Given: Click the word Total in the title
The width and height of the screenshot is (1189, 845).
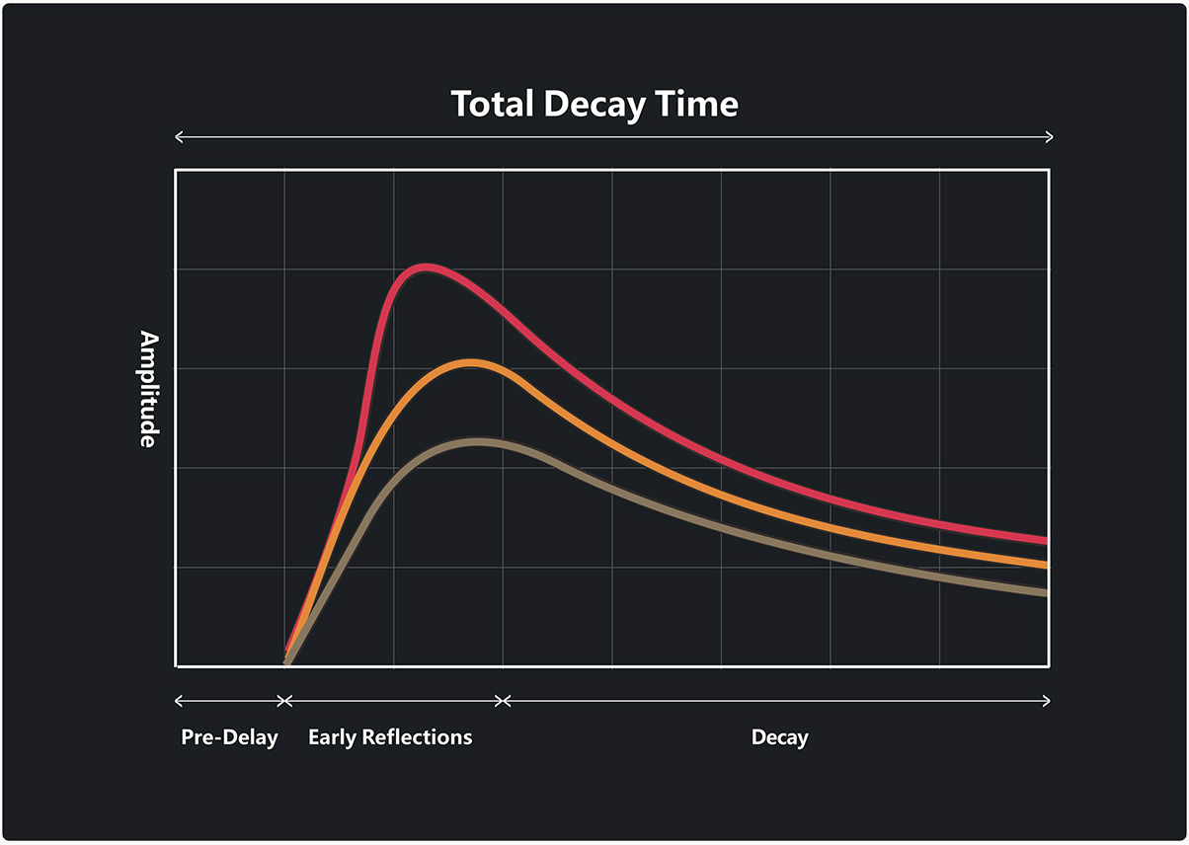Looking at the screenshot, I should click(492, 104).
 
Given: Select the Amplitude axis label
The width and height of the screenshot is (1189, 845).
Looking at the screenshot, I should click(147, 389).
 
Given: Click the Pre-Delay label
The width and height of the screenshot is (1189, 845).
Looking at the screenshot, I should click(229, 737).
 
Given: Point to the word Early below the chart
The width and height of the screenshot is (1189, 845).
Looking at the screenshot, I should click(331, 737).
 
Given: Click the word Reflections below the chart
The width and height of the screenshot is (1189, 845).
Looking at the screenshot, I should click(416, 737).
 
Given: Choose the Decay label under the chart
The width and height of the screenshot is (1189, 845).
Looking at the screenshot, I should click(779, 737).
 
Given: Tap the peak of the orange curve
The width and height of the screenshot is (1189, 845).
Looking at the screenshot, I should click(472, 363).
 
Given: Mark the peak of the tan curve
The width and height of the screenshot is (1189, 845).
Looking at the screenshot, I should click(479, 441).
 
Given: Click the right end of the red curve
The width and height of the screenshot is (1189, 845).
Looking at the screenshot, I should click(1045, 540).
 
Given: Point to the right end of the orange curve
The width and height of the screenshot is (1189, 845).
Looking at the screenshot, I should click(1045, 566).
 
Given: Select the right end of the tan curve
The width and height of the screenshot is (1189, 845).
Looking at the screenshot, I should click(1045, 592).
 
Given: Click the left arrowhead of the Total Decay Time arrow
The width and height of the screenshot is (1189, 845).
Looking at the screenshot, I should click(178, 137).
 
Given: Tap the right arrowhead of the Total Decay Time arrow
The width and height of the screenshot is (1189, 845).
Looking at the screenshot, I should click(1050, 137).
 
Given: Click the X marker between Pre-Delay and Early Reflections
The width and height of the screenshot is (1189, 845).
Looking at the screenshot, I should click(284, 701).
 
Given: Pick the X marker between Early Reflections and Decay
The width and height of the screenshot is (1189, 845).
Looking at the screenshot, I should click(503, 701).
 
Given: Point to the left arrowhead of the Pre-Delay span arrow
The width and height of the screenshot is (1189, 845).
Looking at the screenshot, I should click(178, 701).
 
